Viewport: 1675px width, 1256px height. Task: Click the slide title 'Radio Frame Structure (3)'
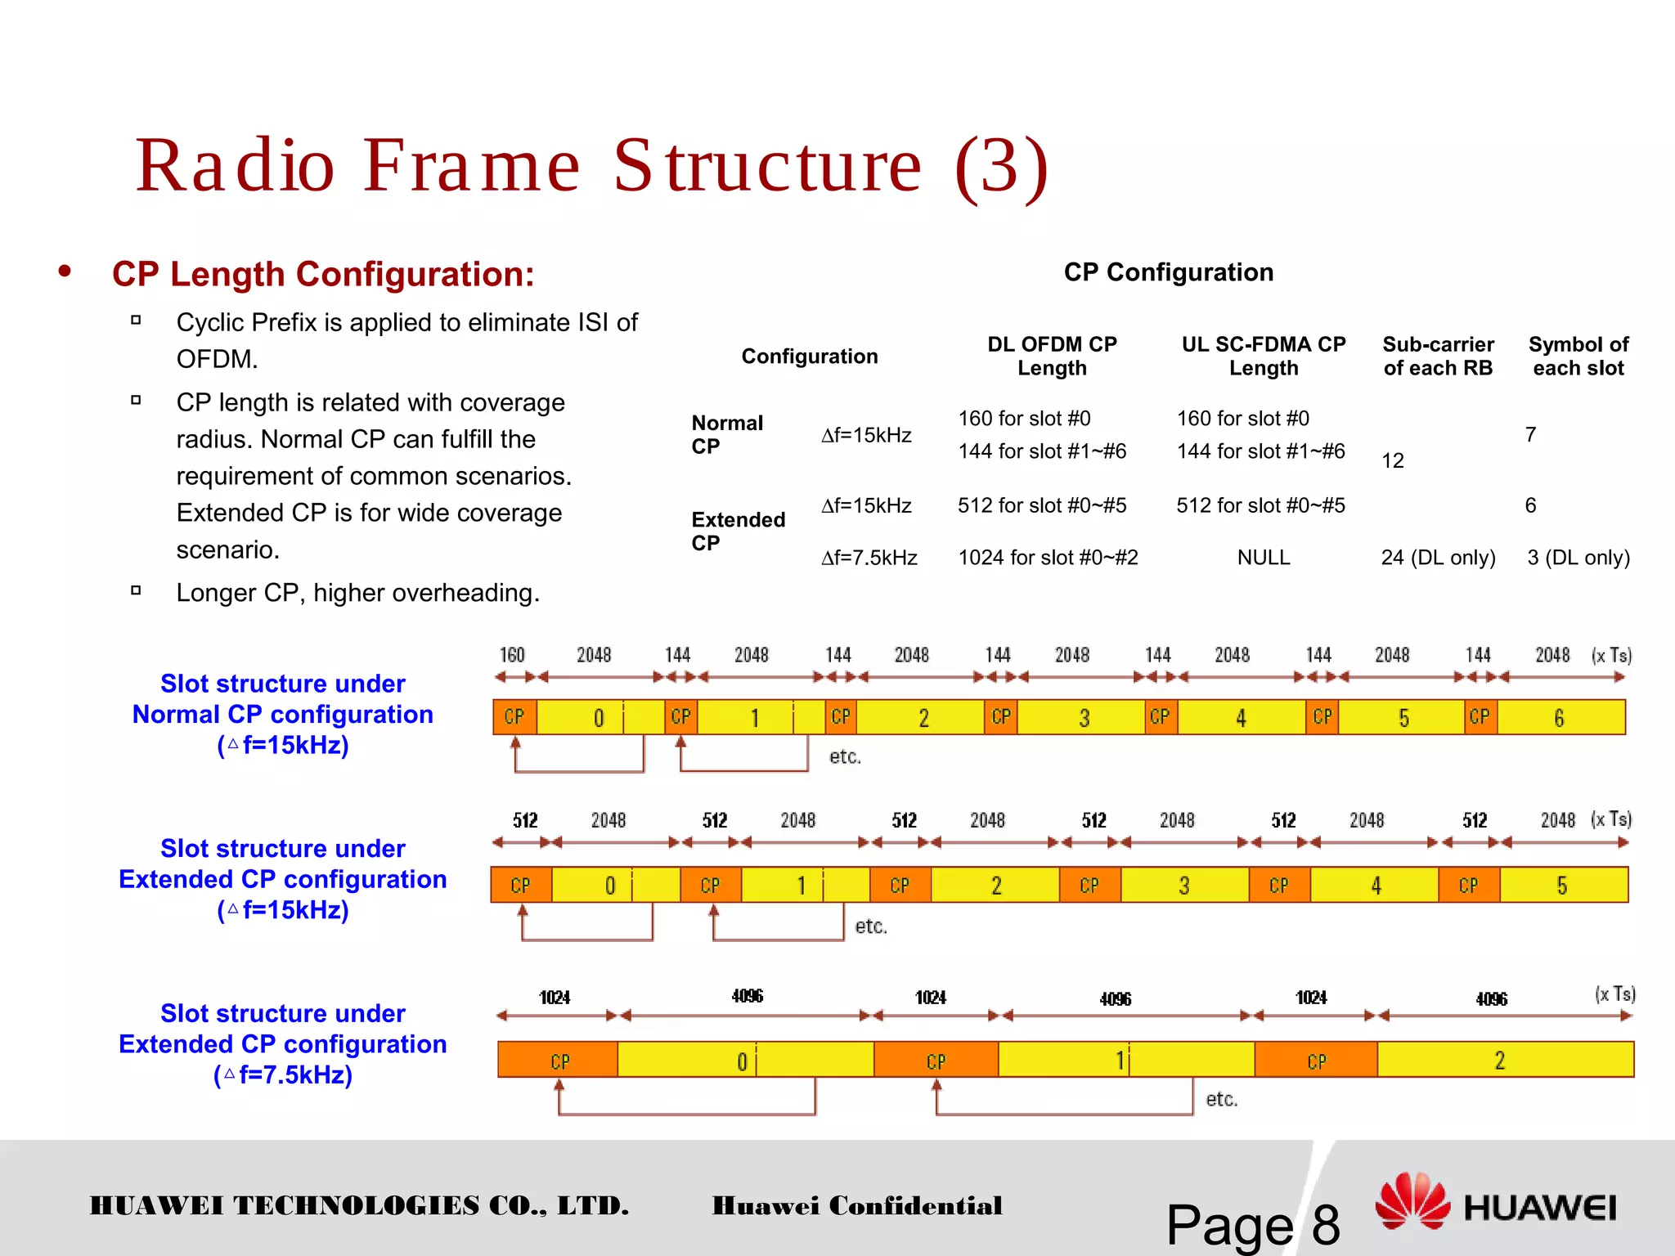(x=592, y=166)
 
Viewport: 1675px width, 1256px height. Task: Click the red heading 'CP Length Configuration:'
(x=323, y=274)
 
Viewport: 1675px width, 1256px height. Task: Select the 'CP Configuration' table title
(x=1168, y=272)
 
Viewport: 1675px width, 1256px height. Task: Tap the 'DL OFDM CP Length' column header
(x=1052, y=356)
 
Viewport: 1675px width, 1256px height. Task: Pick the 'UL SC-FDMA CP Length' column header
(x=1263, y=356)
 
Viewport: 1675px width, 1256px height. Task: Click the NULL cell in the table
(x=1263, y=558)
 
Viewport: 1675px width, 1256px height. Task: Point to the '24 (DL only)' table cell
(x=1438, y=558)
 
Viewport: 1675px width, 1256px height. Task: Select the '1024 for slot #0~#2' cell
(x=1048, y=558)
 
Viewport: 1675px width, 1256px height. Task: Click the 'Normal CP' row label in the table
(x=726, y=434)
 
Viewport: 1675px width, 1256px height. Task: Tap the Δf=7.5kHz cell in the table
(x=869, y=558)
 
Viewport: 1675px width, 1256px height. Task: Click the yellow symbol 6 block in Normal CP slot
(x=1560, y=718)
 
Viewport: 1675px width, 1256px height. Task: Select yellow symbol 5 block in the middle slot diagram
(x=1563, y=886)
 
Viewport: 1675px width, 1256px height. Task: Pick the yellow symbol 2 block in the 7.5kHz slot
(x=1504, y=1061)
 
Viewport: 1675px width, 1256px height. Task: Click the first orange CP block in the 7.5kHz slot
(x=559, y=1061)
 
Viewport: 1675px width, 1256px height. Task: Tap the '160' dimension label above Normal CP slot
(x=512, y=655)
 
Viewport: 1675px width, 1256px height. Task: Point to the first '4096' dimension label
(x=747, y=996)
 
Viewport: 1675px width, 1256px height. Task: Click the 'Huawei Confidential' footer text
(x=856, y=1206)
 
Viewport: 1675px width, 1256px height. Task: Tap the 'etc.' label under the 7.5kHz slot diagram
(x=1221, y=1100)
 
